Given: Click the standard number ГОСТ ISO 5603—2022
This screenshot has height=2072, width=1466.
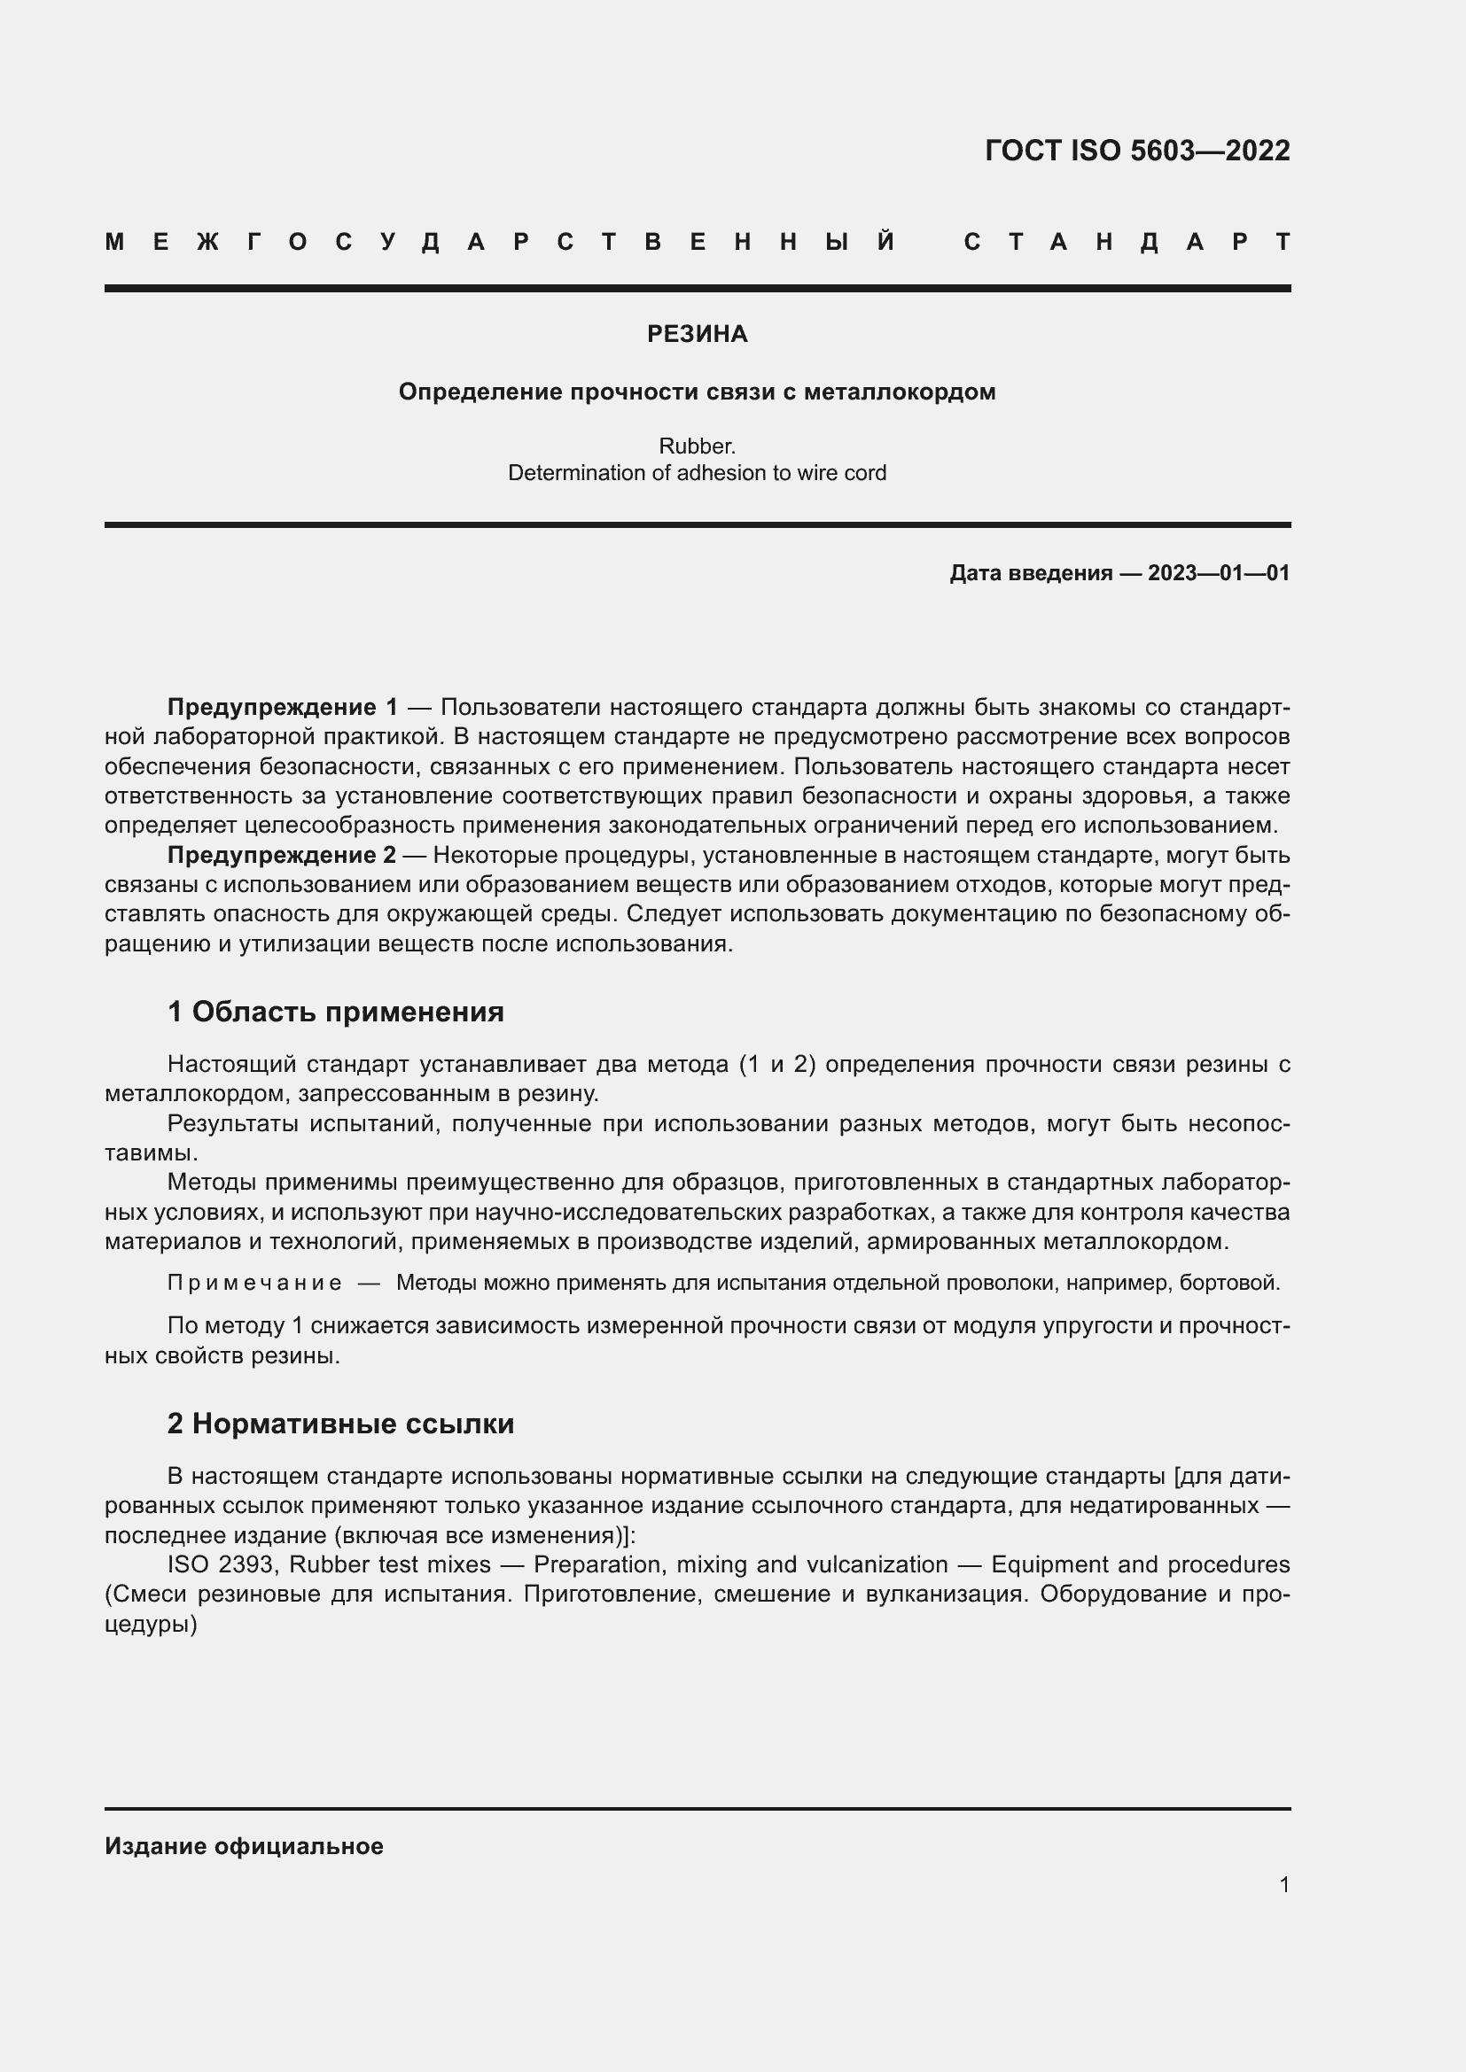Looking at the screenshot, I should (x=1136, y=150).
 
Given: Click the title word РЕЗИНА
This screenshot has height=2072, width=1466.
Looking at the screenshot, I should (x=697, y=334).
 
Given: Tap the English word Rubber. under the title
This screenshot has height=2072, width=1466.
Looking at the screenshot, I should (x=697, y=446).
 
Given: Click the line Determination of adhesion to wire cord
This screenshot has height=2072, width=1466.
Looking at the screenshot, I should (x=697, y=473).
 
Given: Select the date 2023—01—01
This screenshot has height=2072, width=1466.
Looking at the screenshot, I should (x=1219, y=573).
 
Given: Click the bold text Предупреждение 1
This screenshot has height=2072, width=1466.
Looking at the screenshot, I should (x=282, y=707).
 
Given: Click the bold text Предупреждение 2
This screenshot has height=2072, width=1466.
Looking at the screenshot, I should (x=282, y=855).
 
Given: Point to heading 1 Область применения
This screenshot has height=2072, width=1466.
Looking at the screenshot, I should (x=336, y=1012).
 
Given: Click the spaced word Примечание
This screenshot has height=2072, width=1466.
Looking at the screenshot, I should (x=254, y=1283).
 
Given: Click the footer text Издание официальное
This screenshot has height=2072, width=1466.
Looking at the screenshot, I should (x=244, y=1846).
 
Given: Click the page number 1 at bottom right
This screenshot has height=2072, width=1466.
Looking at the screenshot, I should (x=1283, y=1884).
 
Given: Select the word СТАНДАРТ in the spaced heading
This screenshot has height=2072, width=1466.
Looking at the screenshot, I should (x=1127, y=242).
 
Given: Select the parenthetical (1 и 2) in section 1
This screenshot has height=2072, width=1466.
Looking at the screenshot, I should (x=777, y=1064).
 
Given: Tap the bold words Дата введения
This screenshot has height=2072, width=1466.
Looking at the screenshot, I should (x=1030, y=573).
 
